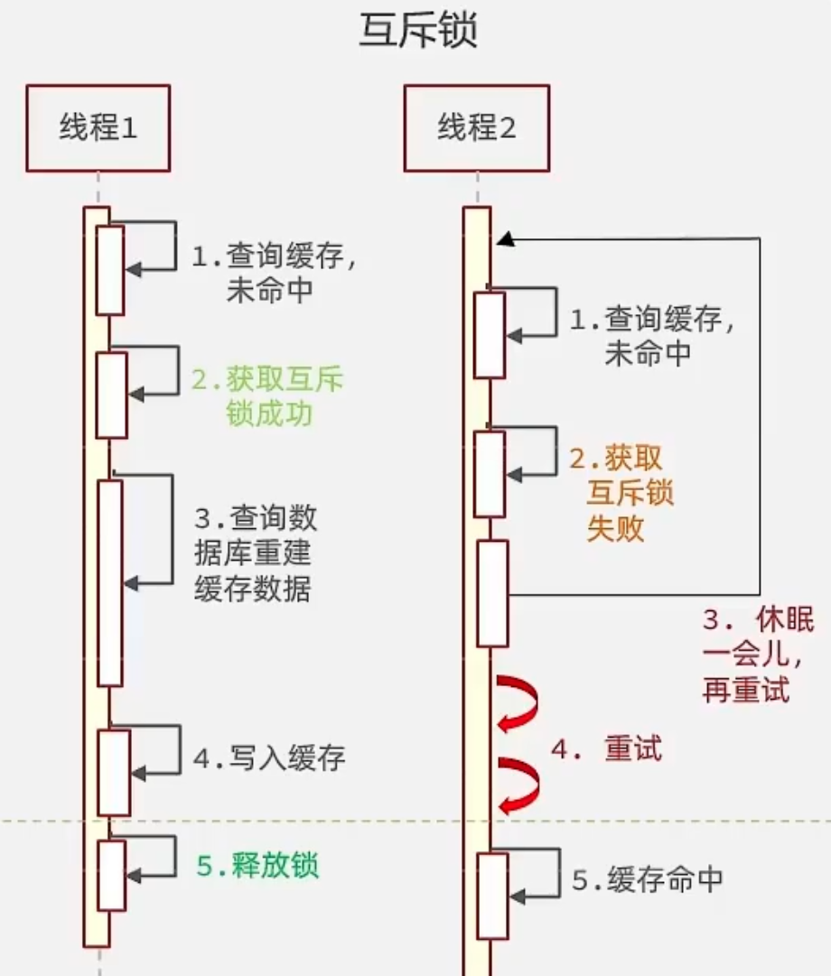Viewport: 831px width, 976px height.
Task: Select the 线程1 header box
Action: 98,128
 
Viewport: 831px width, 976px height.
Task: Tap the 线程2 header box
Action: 476,128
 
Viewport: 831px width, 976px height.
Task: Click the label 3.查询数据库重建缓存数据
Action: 255,553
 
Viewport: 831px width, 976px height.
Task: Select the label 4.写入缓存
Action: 269,758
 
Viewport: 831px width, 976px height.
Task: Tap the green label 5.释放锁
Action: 257,866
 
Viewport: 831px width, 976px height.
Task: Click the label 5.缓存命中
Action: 647,878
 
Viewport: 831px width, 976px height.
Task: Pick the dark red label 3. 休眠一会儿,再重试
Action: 757,655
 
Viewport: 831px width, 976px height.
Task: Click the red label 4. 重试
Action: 606,748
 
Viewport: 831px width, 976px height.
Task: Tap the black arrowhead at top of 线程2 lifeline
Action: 505,239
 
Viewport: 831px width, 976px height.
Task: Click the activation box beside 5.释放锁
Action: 111,875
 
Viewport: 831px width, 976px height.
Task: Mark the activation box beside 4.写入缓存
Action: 114,772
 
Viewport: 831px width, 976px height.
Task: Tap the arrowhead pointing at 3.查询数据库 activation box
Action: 131,583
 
